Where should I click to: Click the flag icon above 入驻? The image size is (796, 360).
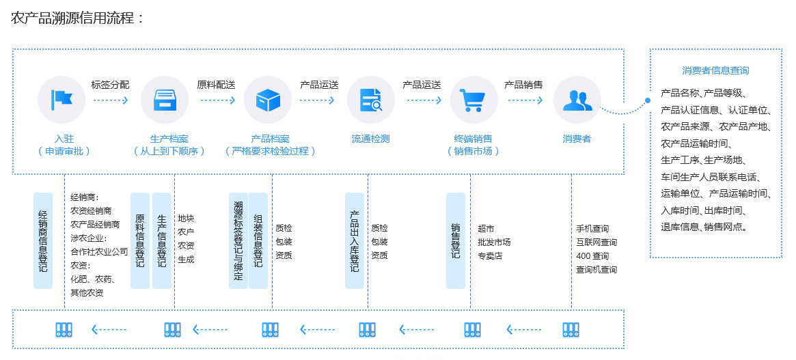(x=61, y=100)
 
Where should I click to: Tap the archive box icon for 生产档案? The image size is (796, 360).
(x=164, y=100)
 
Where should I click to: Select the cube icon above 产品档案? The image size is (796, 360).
(x=268, y=100)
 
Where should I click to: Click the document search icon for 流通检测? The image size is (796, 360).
(x=371, y=100)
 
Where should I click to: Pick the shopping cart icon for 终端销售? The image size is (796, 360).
(x=474, y=100)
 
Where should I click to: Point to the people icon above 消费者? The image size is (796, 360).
(x=577, y=100)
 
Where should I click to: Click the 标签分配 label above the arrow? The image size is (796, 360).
(x=110, y=85)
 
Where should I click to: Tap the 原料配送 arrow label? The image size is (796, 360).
(x=216, y=85)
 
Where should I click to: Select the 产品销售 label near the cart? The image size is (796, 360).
(x=523, y=85)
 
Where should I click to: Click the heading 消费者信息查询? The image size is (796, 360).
(x=715, y=70)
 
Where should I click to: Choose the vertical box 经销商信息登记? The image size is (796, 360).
(x=43, y=240)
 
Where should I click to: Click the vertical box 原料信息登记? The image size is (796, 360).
(x=139, y=240)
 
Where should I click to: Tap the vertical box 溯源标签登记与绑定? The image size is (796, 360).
(x=238, y=240)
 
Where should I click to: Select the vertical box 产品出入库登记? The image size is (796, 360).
(x=354, y=240)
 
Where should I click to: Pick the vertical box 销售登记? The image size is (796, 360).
(x=455, y=240)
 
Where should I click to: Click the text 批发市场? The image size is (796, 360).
(x=494, y=243)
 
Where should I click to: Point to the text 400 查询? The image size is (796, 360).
(x=592, y=256)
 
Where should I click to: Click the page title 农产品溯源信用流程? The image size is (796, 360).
(x=77, y=18)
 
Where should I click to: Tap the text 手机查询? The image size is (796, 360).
(x=592, y=229)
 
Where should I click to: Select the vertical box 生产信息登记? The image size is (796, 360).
(x=162, y=240)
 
